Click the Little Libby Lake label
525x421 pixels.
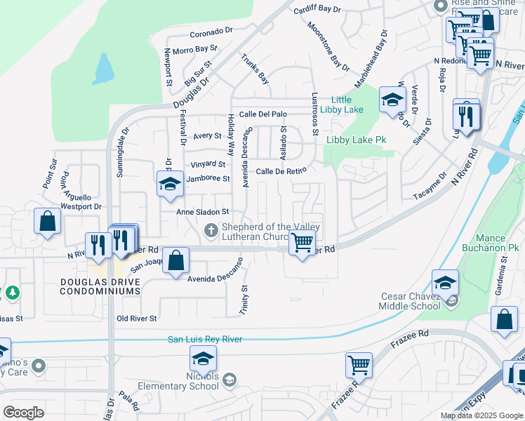point(342,105)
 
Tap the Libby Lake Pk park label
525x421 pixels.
point(356,140)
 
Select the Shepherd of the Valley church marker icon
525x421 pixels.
point(210,231)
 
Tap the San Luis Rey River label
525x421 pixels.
point(205,340)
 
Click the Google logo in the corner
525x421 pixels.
point(23,412)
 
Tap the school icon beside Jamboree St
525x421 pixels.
point(168,185)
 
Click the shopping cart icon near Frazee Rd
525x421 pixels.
point(359,365)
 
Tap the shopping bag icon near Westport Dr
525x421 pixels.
point(47,222)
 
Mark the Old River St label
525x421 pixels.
point(138,319)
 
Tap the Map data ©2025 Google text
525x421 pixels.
point(481,415)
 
